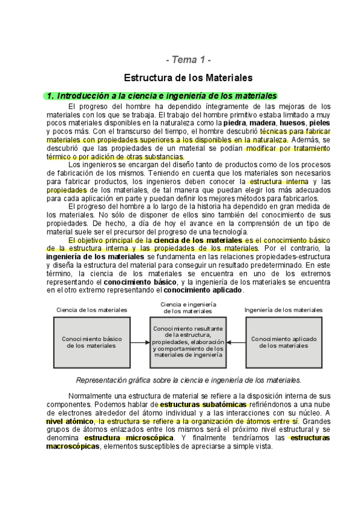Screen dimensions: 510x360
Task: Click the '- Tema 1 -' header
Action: point(188,60)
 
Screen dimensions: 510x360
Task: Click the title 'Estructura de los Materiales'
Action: point(188,78)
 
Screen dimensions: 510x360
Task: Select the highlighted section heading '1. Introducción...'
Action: point(162,96)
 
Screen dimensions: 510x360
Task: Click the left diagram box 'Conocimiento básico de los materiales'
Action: point(91,342)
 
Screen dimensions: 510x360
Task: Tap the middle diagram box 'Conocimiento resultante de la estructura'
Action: point(188,342)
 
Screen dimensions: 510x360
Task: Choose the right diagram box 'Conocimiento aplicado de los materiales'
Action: point(284,342)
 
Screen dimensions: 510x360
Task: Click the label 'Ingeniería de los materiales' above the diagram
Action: point(283,310)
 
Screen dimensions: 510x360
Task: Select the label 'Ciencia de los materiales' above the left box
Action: point(91,310)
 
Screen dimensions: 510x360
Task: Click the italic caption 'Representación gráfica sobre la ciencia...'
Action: point(188,380)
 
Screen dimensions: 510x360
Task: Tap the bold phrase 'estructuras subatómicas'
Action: point(195,405)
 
